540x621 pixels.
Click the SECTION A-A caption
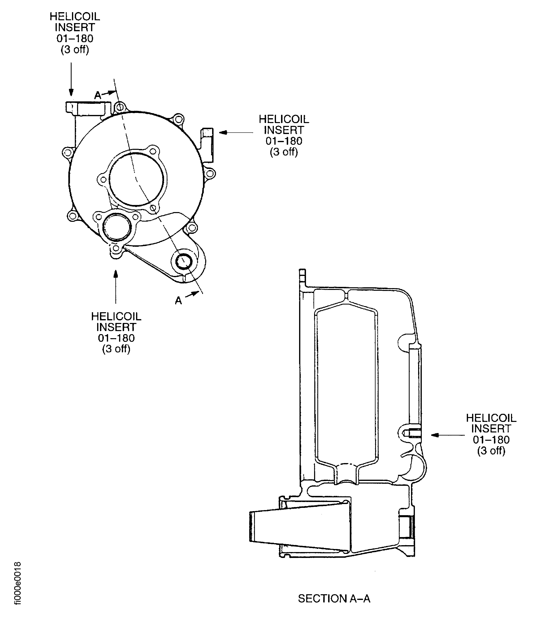[x=334, y=598]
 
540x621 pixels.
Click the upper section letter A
[x=98, y=95]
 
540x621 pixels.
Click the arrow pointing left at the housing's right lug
[x=236, y=132]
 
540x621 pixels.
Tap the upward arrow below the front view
[x=116, y=286]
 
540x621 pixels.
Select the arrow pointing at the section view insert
[x=448, y=435]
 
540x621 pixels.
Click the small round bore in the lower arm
[x=184, y=261]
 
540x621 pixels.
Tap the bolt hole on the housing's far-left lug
[x=68, y=152]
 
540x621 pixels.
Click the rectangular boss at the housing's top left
[x=87, y=108]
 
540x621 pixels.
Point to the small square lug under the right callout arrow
[x=208, y=133]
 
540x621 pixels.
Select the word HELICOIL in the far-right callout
[x=491, y=418]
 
